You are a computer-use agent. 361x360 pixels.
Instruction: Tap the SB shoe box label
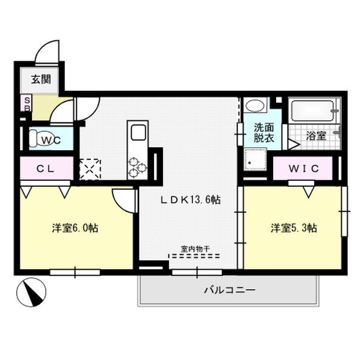[x=26, y=103]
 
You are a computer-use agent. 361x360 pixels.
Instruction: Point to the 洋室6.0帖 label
[x=75, y=228]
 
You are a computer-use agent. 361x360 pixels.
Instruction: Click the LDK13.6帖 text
[x=190, y=200]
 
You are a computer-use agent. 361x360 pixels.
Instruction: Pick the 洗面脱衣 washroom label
[x=264, y=133]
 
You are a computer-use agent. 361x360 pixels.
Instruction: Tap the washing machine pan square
[x=256, y=160]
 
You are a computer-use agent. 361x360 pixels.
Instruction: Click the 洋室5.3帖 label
[x=294, y=228]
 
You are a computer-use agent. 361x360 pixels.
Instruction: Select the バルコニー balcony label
[x=229, y=290]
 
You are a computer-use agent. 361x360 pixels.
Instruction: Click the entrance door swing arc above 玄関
[x=47, y=52]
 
